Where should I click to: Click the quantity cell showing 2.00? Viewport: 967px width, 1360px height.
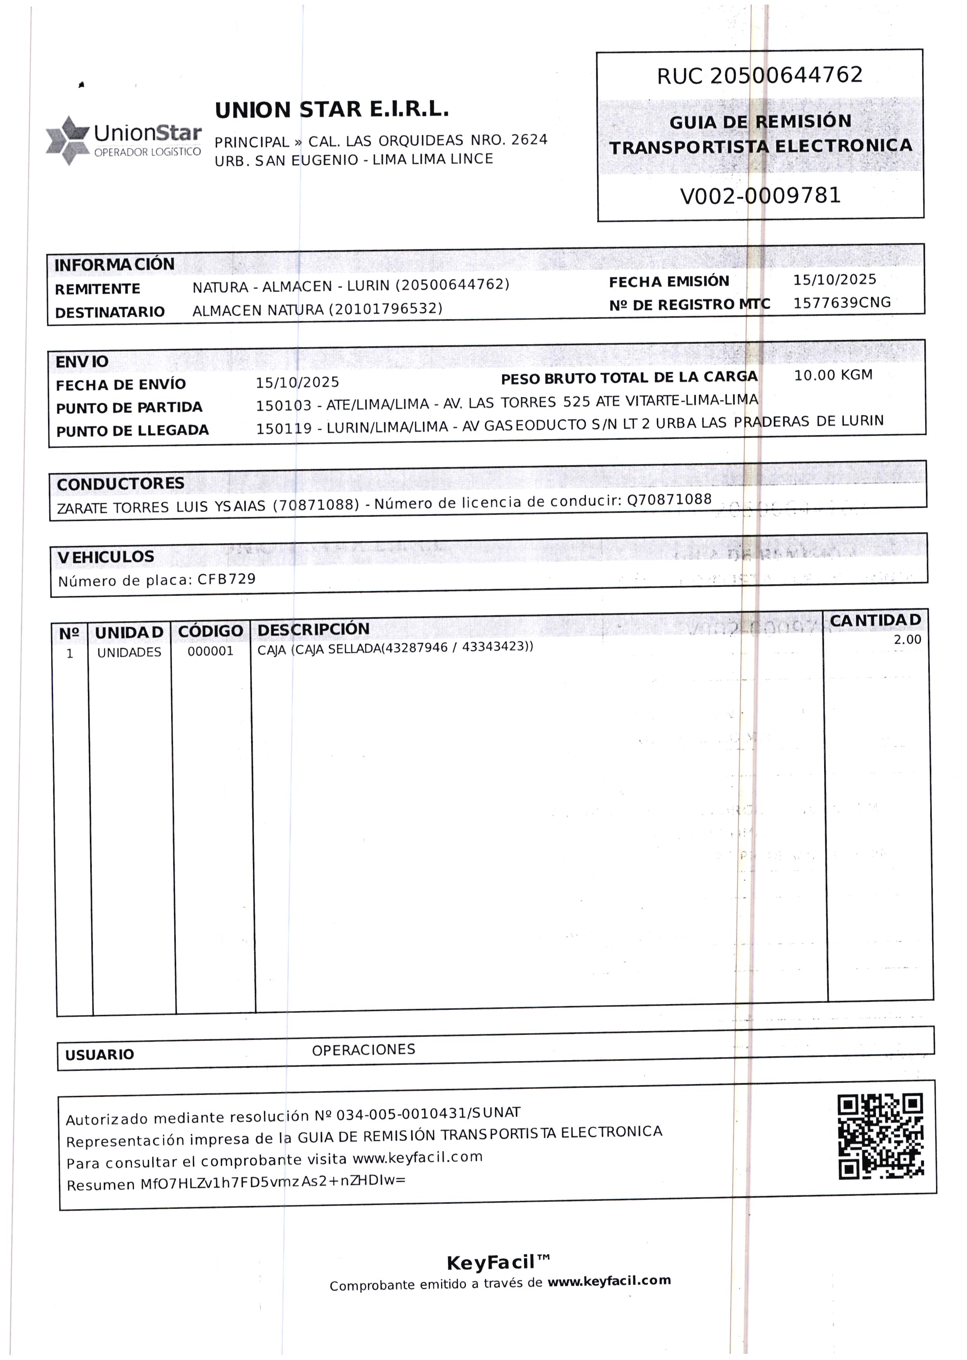[x=907, y=640]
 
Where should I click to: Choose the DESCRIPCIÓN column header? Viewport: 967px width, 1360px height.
[x=313, y=629]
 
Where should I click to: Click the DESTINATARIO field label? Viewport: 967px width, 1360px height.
[x=110, y=312]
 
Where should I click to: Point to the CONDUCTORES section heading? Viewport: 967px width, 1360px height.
[x=120, y=484]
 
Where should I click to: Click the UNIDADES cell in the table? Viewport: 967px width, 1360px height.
[x=129, y=652]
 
